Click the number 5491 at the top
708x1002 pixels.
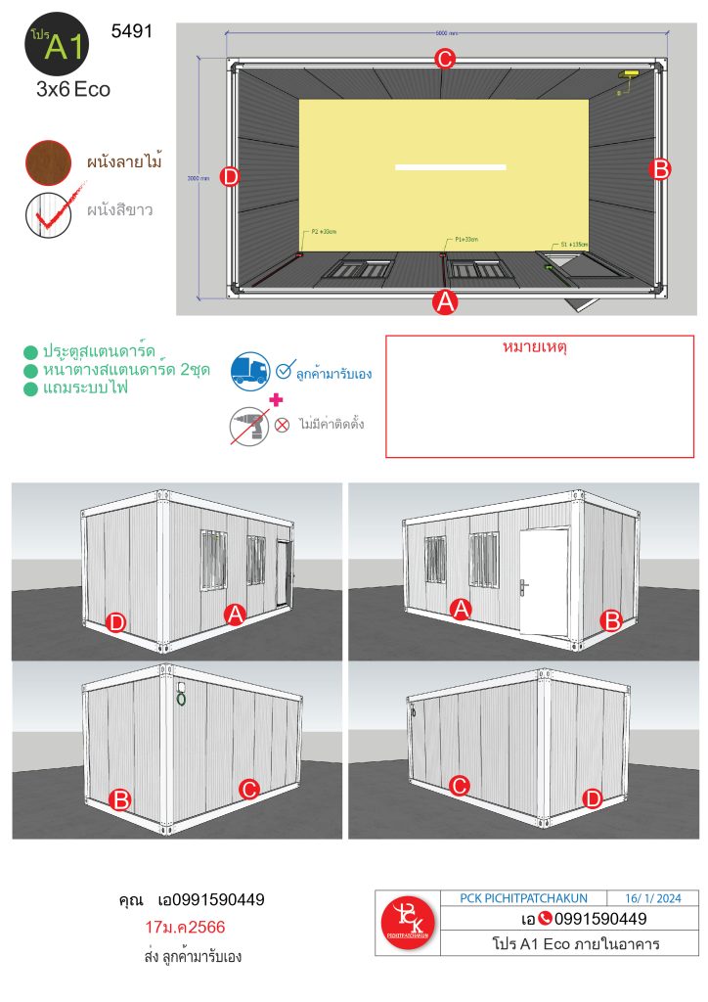tap(132, 31)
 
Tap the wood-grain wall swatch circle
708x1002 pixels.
tap(48, 161)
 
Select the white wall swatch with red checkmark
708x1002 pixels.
tap(48, 213)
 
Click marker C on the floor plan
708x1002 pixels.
tap(445, 59)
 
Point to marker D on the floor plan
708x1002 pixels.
tap(230, 177)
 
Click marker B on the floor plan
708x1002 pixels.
tap(660, 169)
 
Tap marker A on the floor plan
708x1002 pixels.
tap(445, 302)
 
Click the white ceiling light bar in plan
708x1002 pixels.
tap(450, 167)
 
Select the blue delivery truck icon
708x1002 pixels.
tap(250, 371)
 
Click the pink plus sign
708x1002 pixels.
tap(276, 398)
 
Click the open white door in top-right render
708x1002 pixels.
tap(544, 578)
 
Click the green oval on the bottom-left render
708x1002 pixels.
tap(181, 699)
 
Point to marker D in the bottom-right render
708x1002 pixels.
tap(593, 798)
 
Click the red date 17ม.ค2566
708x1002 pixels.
tap(183, 927)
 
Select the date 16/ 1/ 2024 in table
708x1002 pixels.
tap(661, 898)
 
